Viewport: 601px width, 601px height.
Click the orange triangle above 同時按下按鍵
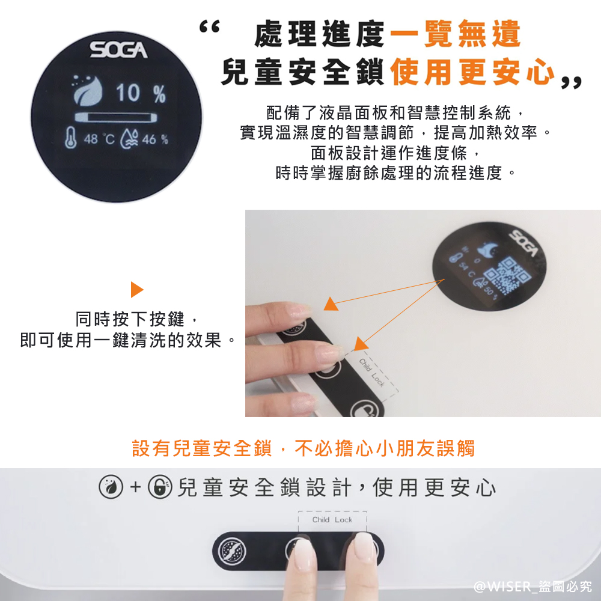(x=137, y=290)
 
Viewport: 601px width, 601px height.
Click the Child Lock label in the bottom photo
(x=332, y=519)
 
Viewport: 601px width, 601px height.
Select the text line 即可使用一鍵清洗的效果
(x=127, y=341)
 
